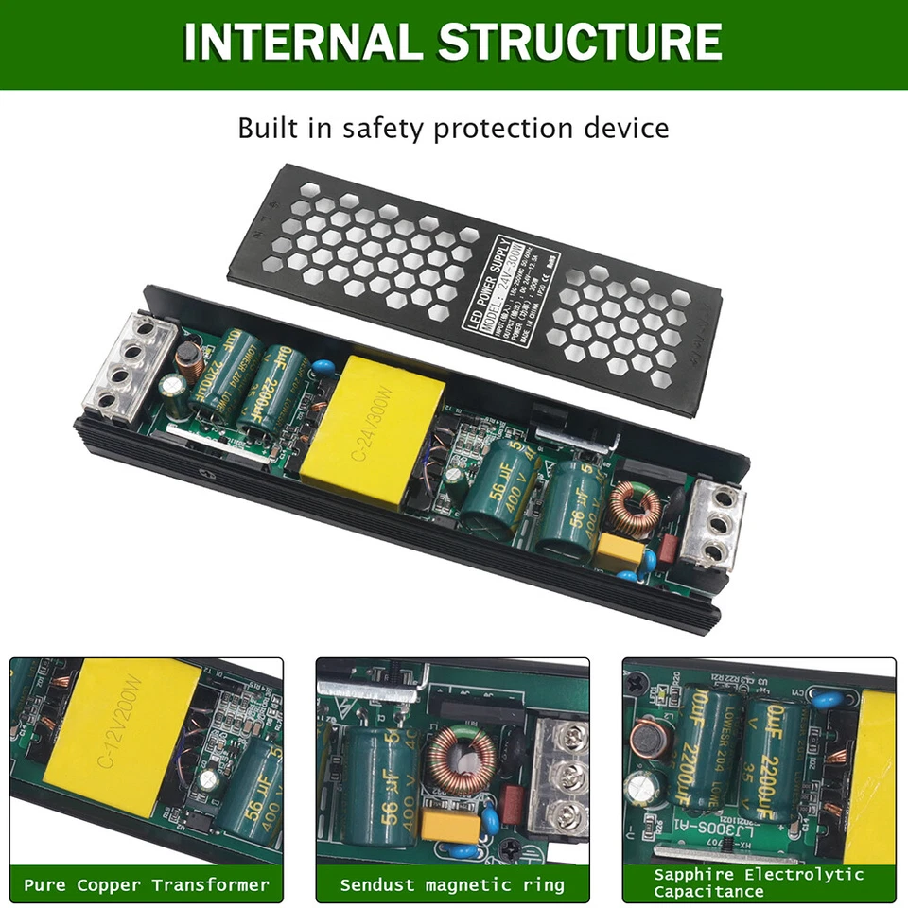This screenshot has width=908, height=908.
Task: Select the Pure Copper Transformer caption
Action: pyautogui.click(x=147, y=885)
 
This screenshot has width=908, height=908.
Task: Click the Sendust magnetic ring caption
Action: pyautogui.click(x=452, y=885)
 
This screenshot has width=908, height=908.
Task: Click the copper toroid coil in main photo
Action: pyautogui.click(x=630, y=508)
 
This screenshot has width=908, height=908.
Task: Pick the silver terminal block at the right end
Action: pyautogui.click(x=712, y=523)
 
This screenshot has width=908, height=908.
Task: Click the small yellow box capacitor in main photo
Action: pyautogui.click(x=616, y=551)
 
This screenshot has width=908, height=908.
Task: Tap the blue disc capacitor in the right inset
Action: pyautogui.click(x=831, y=701)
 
